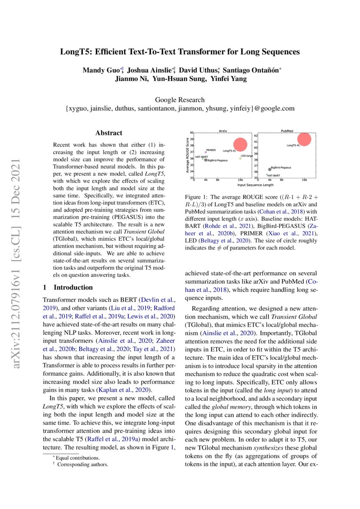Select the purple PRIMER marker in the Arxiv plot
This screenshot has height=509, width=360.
click(x=205, y=152)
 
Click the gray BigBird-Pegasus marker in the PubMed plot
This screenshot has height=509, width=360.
click(x=269, y=169)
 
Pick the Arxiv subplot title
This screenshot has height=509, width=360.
click(x=222, y=130)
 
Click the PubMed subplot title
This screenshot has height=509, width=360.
click(x=286, y=130)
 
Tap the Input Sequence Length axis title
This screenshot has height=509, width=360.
click(x=255, y=185)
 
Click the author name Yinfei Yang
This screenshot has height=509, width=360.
click(x=233, y=79)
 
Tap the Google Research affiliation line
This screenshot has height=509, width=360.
click(x=180, y=100)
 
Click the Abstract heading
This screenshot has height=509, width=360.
click(x=108, y=133)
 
